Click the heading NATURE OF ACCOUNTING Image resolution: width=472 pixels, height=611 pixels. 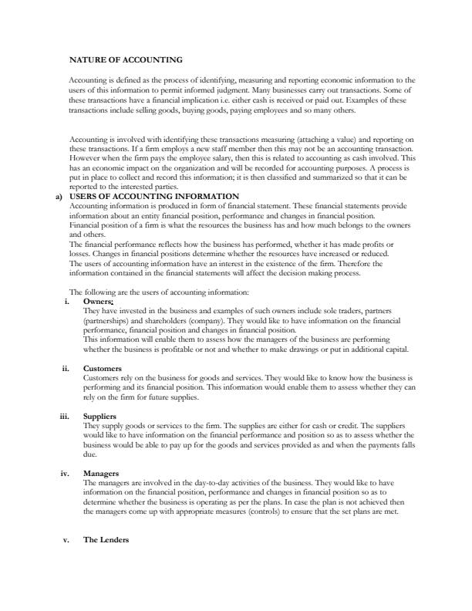tap(126, 59)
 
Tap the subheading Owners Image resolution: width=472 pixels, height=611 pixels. tap(98, 300)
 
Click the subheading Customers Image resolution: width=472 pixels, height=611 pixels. tap(102, 368)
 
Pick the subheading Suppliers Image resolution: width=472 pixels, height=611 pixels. tap(100, 417)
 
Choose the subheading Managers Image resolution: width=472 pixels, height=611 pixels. tap(102, 473)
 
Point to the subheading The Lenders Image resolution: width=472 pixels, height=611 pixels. tap(106, 540)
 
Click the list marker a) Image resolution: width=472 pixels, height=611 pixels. tap(59, 197)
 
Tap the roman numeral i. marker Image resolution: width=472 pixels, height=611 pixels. tap(68, 300)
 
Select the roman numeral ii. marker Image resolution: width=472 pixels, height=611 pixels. tap(67, 368)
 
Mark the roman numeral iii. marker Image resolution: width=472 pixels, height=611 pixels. tap(66, 417)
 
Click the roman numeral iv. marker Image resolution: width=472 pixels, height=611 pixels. tap(66, 473)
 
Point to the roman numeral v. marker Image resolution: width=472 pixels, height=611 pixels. tap(67, 540)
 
